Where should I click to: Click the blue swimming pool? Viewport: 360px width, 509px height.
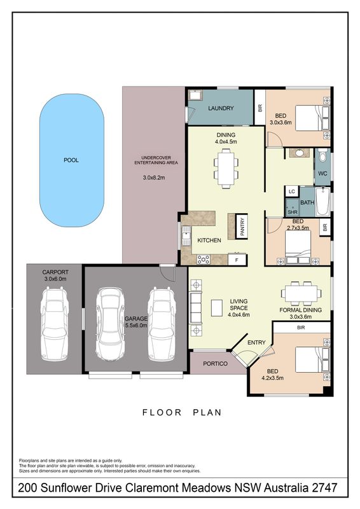point(72,160)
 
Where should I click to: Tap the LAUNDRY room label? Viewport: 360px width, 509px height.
point(221,108)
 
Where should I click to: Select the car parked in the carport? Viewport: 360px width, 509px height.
point(55,323)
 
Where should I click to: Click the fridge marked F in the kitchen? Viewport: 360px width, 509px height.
point(237,260)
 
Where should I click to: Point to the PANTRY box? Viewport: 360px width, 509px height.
point(242,227)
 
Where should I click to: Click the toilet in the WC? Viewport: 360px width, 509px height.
point(322,155)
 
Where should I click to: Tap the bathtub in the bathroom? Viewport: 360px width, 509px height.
point(323,202)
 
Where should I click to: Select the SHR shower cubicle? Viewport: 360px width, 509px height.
point(292,208)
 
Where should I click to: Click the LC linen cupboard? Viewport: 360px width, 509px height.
point(292,192)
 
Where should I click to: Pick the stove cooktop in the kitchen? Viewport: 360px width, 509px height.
point(204,259)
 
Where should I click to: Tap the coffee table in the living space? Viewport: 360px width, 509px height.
point(217,308)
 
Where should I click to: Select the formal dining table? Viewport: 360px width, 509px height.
point(301,293)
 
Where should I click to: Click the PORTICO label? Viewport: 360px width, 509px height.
point(215,363)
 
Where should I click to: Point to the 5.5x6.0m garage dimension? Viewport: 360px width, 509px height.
point(136,325)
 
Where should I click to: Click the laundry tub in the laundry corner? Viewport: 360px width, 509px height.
point(195,95)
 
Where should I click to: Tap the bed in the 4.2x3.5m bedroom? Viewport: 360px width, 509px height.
point(312,359)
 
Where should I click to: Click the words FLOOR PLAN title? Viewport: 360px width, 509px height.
point(182,412)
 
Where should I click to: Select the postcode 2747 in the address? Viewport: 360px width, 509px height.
point(324,487)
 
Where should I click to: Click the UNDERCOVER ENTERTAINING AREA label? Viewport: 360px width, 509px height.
point(156,160)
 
